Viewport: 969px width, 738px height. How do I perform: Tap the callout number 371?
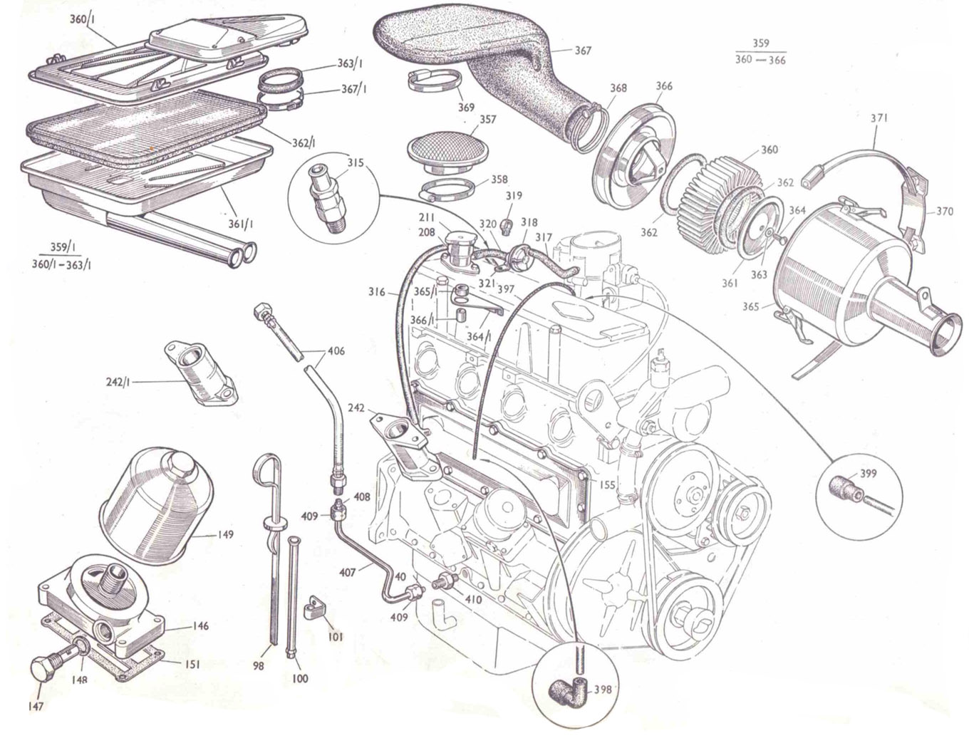click(x=879, y=119)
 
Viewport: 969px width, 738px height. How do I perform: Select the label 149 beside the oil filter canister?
click(x=227, y=534)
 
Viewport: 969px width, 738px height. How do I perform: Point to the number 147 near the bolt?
click(x=36, y=707)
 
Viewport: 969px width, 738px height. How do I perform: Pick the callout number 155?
click(x=606, y=484)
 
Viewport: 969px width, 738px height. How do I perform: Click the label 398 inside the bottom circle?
click(x=602, y=689)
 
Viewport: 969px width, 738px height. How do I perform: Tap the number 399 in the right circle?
click(x=869, y=474)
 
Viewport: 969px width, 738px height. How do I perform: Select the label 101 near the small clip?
click(x=333, y=635)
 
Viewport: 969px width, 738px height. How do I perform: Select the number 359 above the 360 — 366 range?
click(x=760, y=43)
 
